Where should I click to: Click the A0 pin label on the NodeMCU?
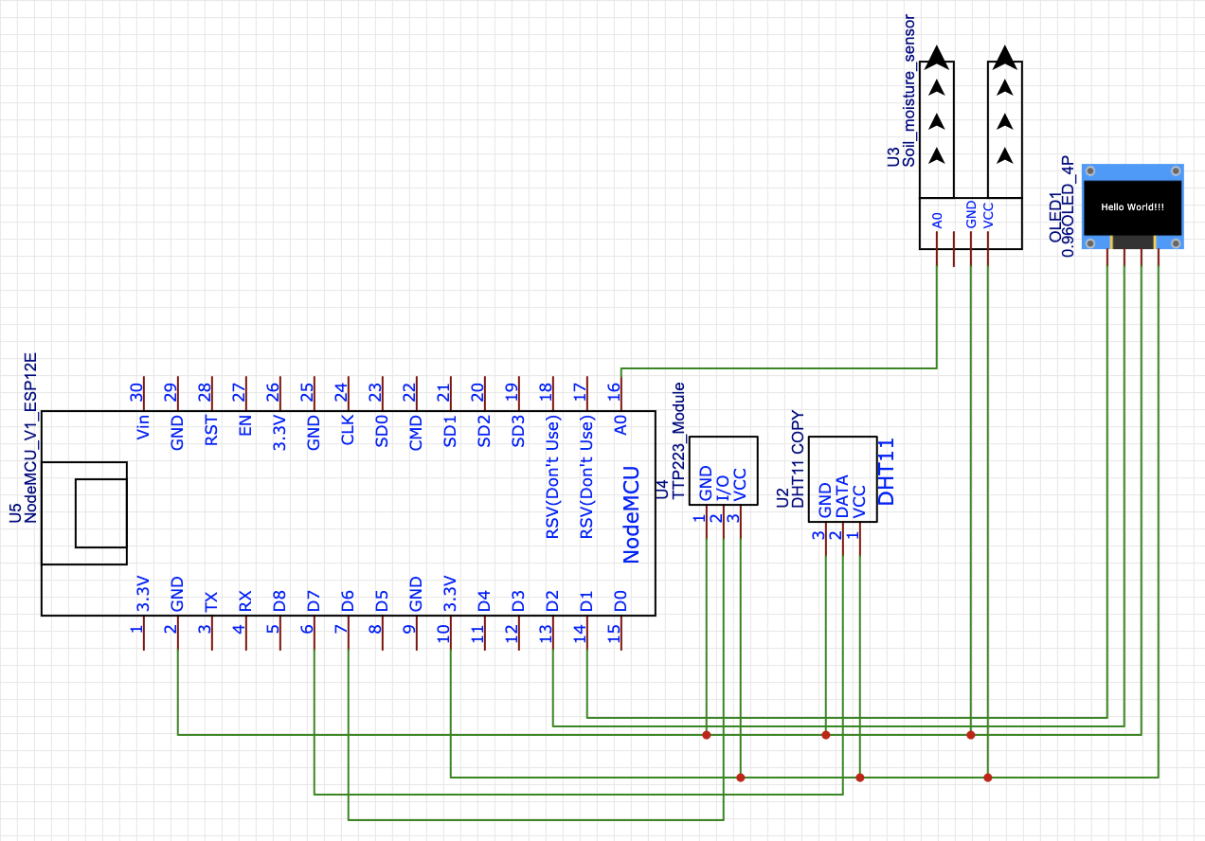[x=621, y=427]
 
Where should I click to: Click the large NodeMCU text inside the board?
[x=632, y=515]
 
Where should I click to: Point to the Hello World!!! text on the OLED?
[x=1132, y=206]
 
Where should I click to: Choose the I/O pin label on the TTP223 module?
[x=723, y=488]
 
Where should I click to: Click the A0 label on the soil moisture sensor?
[x=937, y=220]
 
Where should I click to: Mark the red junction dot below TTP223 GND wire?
[x=706, y=734]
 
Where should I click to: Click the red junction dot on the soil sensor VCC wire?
[x=988, y=778]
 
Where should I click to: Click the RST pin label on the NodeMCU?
[x=212, y=431]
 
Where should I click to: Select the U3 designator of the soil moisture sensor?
[x=893, y=157]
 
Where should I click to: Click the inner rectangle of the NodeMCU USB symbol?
[x=100, y=513]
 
